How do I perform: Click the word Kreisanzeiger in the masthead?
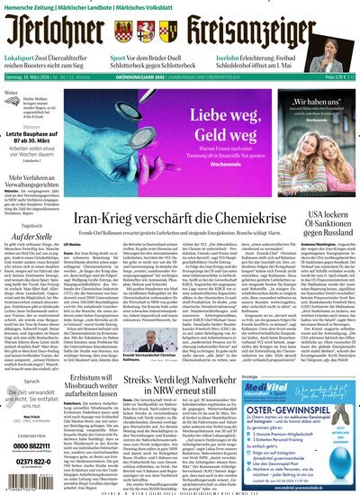(x=261, y=34)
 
